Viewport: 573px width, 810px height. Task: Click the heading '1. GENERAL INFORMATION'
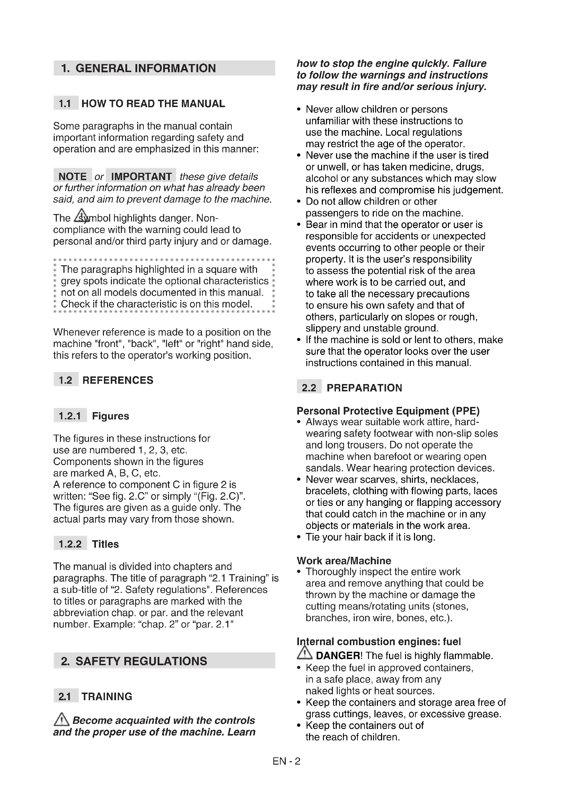coord(138,68)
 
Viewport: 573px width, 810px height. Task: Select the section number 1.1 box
coord(65,103)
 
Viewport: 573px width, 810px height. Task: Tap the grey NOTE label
coord(72,176)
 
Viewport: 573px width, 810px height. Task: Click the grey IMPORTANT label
coord(141,176)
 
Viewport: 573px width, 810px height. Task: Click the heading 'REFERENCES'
coord(118,380)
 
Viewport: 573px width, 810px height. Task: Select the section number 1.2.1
coord(70,416)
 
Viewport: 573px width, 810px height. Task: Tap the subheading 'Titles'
coord(105,544)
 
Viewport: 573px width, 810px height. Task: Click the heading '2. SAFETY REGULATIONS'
coord(134,661)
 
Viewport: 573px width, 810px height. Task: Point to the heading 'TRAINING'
coord(107,696)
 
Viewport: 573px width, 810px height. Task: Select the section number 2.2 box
coord(309,388)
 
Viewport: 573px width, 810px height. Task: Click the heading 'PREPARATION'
coord(364,388)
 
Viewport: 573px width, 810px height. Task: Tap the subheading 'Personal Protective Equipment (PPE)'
coord(388,411)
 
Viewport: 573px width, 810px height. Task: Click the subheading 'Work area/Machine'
coord(344,561)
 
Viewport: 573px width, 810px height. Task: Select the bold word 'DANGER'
coord(338,656)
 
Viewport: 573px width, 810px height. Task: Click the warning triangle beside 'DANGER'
coord(304,653)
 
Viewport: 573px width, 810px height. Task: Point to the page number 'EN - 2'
coord(286,761)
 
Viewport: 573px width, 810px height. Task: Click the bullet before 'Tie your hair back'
coord(299,537)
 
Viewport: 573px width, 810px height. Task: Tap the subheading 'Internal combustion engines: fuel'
coord(379,641)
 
